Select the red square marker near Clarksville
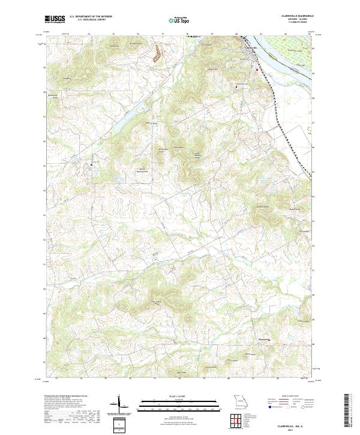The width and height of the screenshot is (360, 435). coord(257,70)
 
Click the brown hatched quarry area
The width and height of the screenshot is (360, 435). coord(157,55)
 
